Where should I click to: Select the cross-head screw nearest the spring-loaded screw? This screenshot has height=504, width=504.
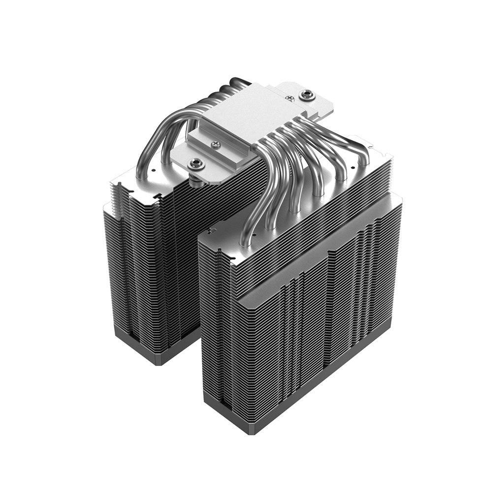[x=215, y=144]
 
